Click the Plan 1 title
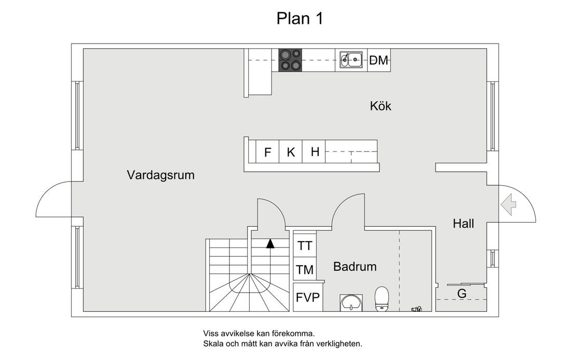pyautogui.click(x=300, y=18)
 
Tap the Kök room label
pyautogui.click(x=380, y=106)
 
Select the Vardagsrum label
pyautogui.click(x=160, y=175)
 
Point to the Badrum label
pyautogui.click(x=355, y=267)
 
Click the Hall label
pyautogui.click(x=463, y=224)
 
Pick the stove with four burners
pyautogui.click(x=290, y=60)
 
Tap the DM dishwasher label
pyautogui.click(x=379, y=61)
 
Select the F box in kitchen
pyautogui.click(x=268, y=153)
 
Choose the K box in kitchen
pyautogui.click(x=291, y=153)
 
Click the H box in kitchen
pyautogui.click(x=315, y=152)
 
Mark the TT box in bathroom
pyautogui.click(x=305, y=245)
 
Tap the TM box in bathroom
pyautogui.click(x=305, y=270)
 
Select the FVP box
pyautogui.click(x=308, y=298)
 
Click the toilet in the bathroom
pyautogui.click(x=382, y=299)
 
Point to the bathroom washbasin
pyautogui.click(x=351, y=302)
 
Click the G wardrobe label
pyautogui.click(x=461, y=294)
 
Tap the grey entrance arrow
pyautogui.click(x=507, y=204)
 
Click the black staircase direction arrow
pyautogui.click(x=270, y=243)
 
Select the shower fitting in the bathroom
pyautogui.click(x=416, y=309)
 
